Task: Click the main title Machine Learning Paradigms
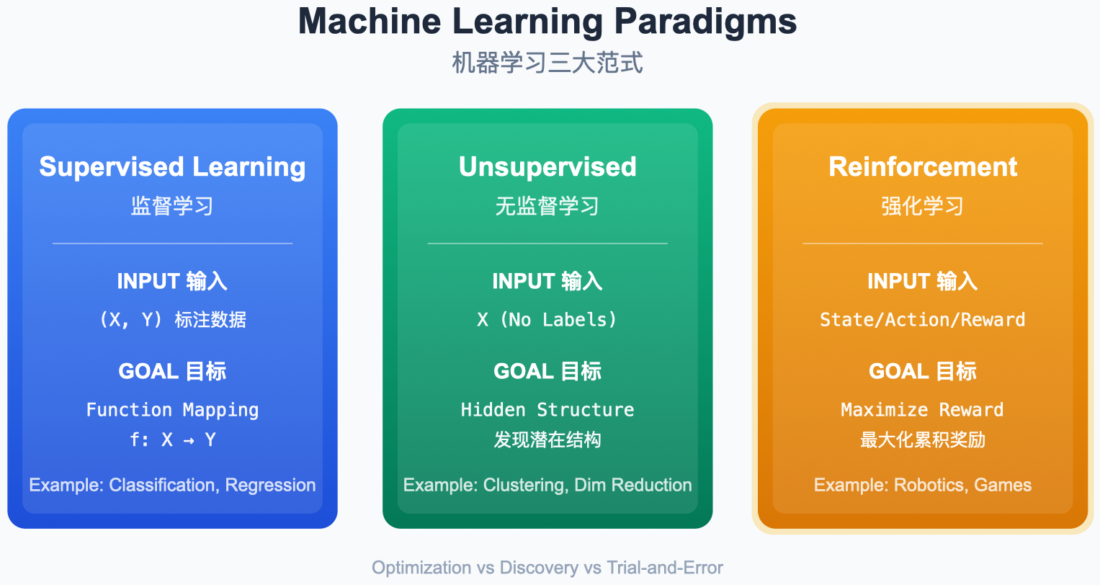point(547,22)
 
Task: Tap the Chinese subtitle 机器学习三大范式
point(547,63)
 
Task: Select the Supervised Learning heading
point(172,167)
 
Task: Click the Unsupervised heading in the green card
point(547,167)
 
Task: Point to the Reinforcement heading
point(923,167)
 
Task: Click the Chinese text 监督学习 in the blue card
point(172,206)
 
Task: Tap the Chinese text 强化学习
point(923,206)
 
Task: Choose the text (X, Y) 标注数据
point(172,320)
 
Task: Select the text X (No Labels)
point(547,320)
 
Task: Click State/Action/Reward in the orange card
point(923,320)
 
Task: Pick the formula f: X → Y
point(172,439)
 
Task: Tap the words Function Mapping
point(172,410)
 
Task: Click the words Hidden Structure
point(547,410)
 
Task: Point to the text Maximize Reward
point(923,410)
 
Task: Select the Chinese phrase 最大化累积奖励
point(923,439)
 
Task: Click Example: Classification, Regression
point(172,485)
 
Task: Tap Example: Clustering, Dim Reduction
point(547,485)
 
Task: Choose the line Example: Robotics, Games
point(923,485)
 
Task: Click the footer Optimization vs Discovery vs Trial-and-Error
point(547,568)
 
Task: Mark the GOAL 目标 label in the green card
point(547,372)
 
